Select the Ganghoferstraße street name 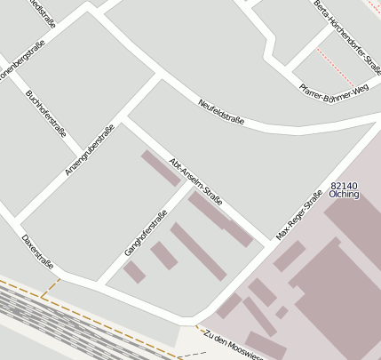146,233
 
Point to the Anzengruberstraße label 91,150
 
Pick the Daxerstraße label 37,252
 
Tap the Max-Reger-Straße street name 298,217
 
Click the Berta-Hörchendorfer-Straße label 346,26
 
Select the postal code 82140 344,184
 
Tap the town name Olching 344,194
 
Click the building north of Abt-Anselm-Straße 160,168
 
